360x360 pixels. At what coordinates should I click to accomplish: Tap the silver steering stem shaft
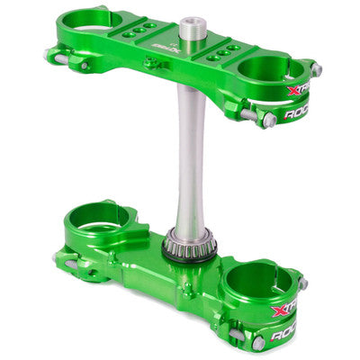pos(186,162)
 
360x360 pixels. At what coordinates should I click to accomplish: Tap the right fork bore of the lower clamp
pos(260,282)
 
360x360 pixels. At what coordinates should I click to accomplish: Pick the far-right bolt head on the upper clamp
pos(317,70)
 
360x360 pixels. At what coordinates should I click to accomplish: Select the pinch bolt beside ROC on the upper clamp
pos(267,118)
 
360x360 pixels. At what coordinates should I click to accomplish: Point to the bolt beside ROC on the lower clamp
pos(258,342)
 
